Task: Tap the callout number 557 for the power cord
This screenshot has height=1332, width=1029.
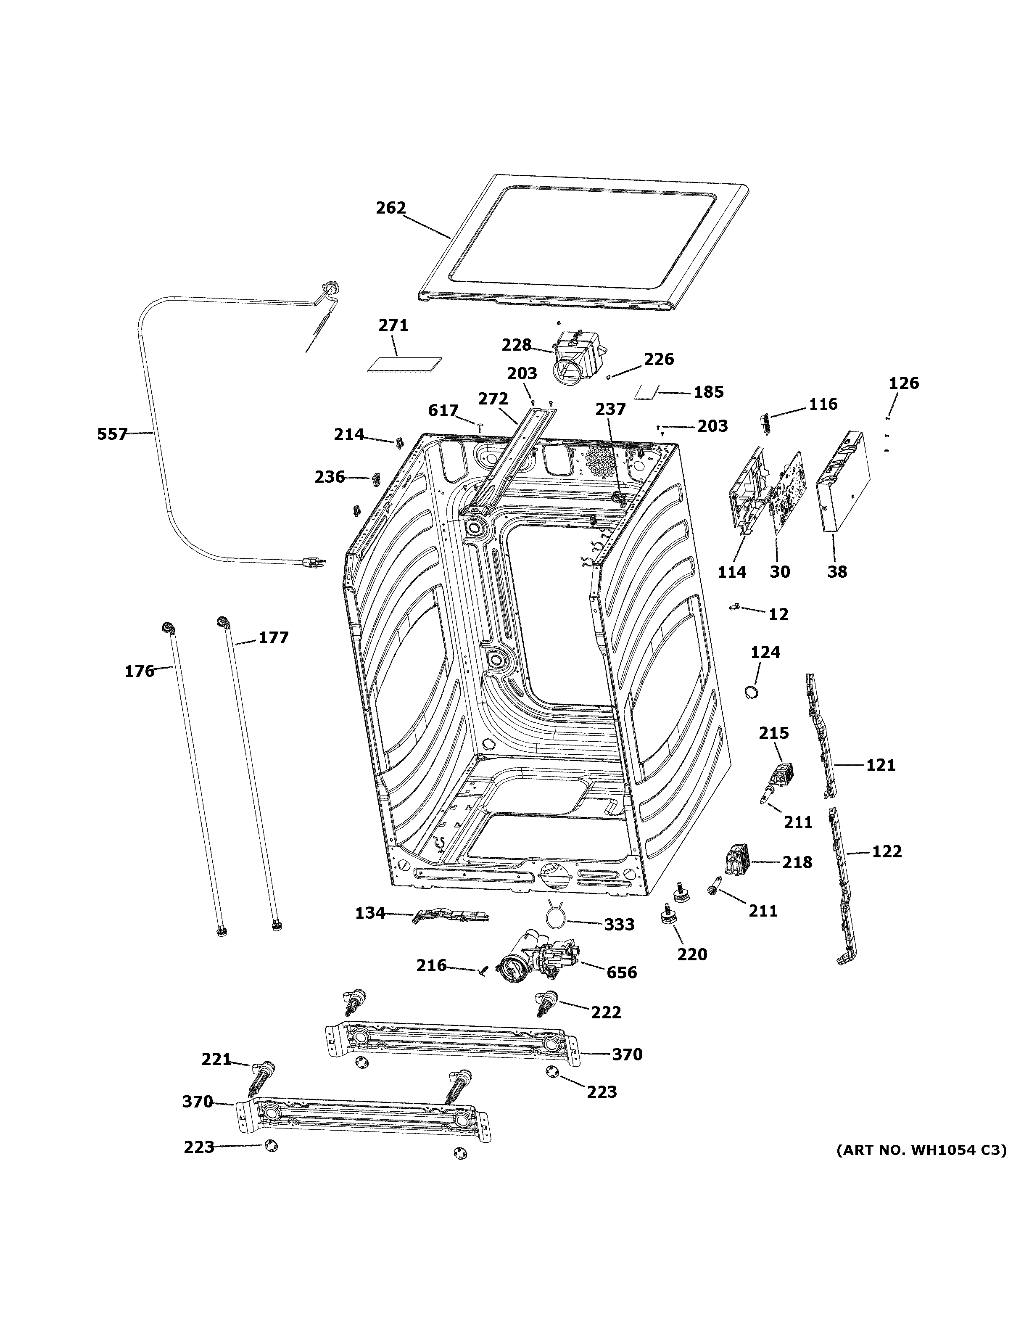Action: (x=112, y=434)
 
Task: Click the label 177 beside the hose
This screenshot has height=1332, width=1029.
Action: (x=273, y=638)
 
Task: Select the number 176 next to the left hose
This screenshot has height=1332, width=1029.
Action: (x=140, y=671)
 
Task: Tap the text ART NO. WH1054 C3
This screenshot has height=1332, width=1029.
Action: (x=921, y=1150)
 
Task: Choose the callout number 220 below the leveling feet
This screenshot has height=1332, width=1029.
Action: (x=692, y=954)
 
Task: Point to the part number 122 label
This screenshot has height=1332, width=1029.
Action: (x=887, y=851)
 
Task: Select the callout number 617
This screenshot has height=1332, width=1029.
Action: (x=443, y=411)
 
